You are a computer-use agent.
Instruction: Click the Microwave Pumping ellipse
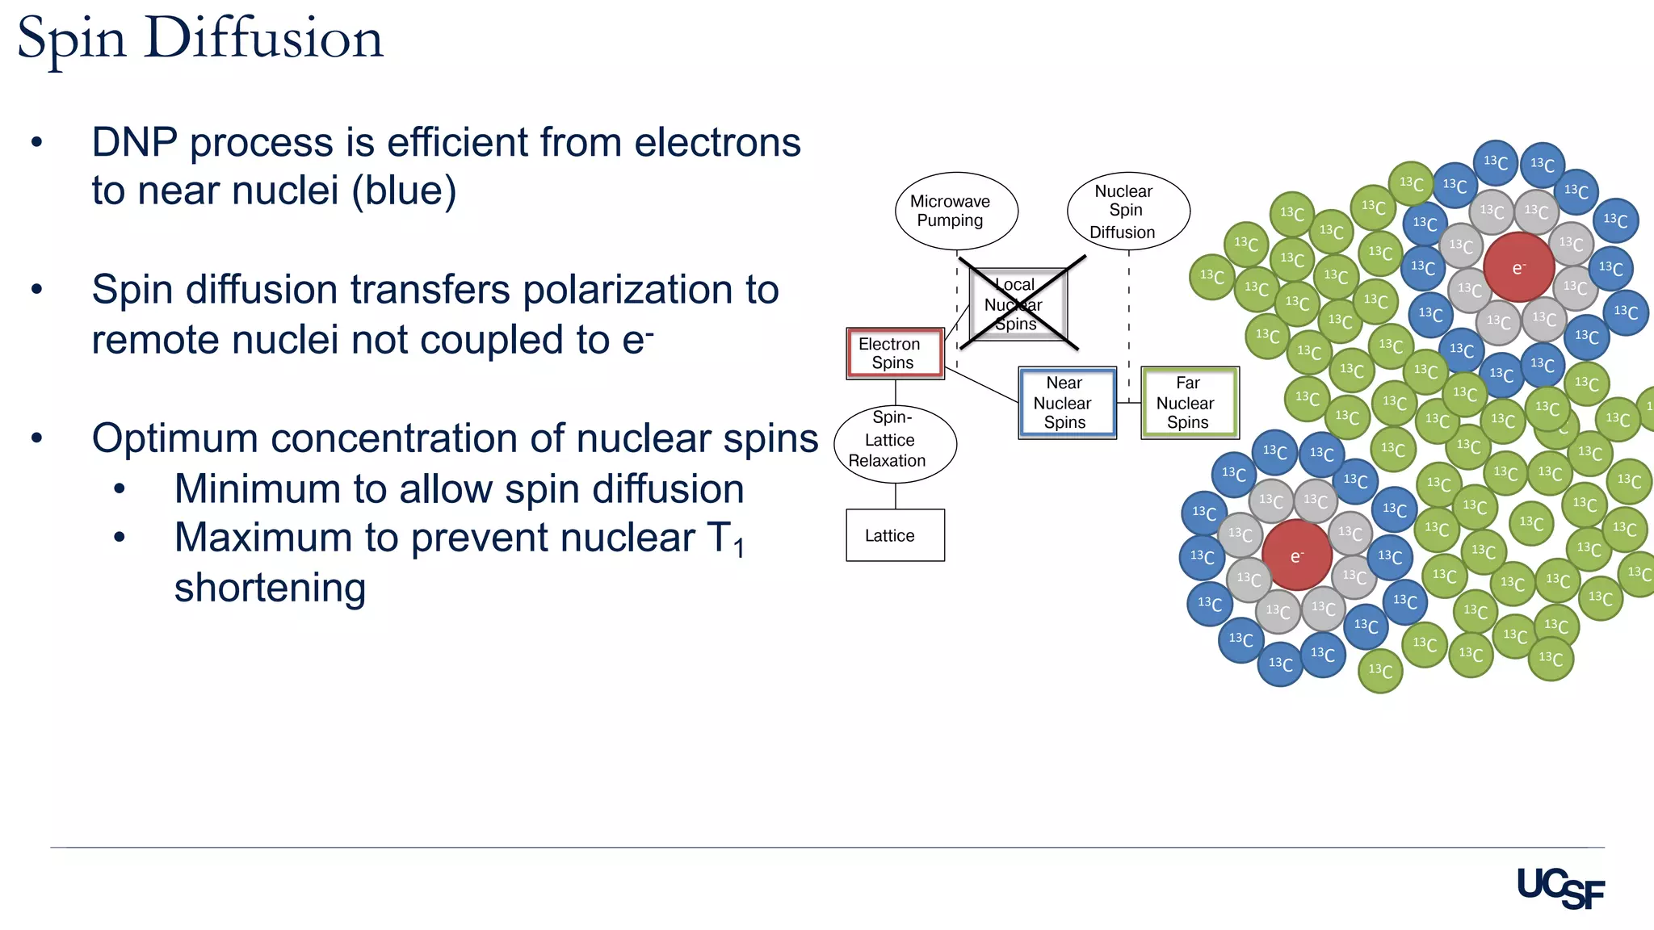click(x=956, y=211)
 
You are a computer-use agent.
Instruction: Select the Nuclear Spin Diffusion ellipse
click(x=1128, y=212)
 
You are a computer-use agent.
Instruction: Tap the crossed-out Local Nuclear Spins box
click(x=1018, y=304)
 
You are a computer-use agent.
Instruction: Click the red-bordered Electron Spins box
click(x=895, y=353)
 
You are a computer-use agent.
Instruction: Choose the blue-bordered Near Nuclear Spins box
click(x=1067, y=402)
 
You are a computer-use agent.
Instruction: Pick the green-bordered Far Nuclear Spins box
click(x=1190, y=402)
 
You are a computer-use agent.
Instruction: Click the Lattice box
click(x=895, y=534)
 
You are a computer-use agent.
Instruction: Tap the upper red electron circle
click(x=1518, y=267)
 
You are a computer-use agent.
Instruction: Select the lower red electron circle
click(x=1296, y=555)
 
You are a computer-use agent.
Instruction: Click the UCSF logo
click(x=1560, y=887)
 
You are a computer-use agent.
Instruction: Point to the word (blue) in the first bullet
click(x=404, y=191)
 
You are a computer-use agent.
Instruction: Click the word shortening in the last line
click(x=270, y=588)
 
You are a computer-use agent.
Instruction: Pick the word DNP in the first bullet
click(x=134, y=143)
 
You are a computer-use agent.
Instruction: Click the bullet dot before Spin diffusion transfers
click(x=36, y=289)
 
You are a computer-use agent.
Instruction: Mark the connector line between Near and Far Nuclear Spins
click(x=1128, y=402)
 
